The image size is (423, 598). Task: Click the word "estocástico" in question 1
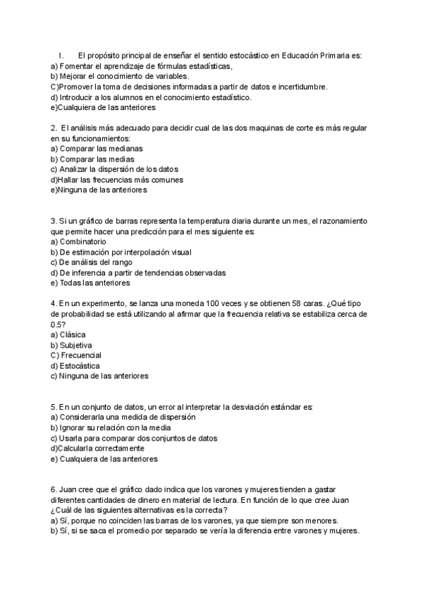click(247, 56)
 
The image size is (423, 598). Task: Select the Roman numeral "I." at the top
click(61, 56)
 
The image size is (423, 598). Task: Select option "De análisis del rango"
click(96, 262)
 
